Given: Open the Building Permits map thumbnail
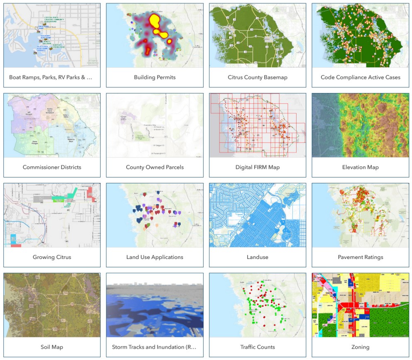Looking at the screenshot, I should [154, 36].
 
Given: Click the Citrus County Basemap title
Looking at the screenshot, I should [257, 77].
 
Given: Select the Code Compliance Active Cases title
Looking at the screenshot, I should [360, 77].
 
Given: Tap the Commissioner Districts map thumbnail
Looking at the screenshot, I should [52, 126].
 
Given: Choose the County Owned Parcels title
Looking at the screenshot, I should [154, 167].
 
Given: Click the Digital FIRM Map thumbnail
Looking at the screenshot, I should [257, 126].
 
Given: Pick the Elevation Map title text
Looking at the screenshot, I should [360, 167].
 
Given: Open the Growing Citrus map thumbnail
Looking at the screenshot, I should [52, 215].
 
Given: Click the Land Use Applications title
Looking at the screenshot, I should [154, 257].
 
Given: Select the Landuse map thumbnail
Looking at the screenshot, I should [257, 215].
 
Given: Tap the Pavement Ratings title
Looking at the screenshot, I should [360, 257].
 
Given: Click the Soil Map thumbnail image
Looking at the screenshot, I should [52, 305].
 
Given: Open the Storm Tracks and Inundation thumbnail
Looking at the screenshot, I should [154, 305].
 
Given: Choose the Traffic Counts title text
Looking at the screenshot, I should [257, 347].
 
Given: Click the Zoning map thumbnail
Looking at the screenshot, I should [360, 305].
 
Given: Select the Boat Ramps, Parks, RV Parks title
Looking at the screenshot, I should [52, 77].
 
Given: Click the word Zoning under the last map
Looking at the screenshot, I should [360, 347].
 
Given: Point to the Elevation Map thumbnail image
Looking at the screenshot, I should [360, 126].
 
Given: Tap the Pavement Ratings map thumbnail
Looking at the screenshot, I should [360, 215].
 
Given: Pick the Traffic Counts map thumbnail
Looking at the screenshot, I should [257, 305].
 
